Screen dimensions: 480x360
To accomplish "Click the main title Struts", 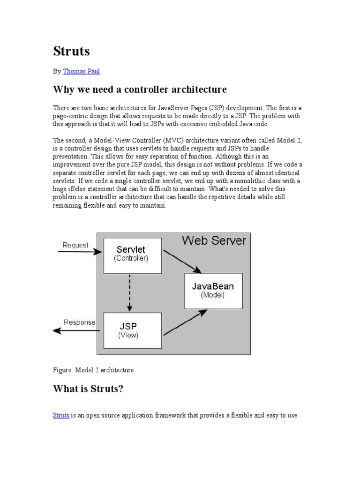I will click(71, 51).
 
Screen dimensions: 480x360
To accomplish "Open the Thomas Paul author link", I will click(81, 71).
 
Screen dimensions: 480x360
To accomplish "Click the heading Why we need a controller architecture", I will click(140, 89).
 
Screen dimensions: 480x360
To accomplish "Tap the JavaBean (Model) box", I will click(213, 291).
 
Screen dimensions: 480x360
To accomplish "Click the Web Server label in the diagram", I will click(214, 240).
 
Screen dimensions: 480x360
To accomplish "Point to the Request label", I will click(75, 245).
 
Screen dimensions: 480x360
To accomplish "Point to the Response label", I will click(79, 322).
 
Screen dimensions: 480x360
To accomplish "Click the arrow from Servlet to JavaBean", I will click(182, 261).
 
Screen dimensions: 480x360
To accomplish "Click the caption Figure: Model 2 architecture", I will click(93, 370).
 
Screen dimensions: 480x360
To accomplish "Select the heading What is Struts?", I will click(88, 389).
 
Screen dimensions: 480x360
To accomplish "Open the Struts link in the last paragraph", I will click(61, 415).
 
